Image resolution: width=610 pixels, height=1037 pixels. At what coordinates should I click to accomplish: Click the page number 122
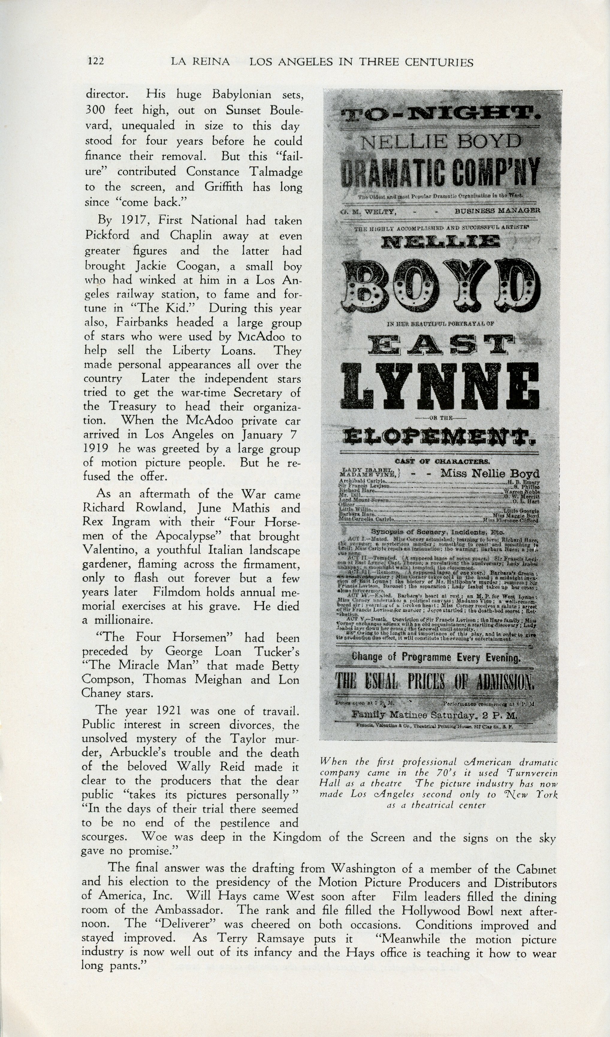[96, 61]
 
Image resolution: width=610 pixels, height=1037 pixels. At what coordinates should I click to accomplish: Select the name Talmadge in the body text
[275, 172]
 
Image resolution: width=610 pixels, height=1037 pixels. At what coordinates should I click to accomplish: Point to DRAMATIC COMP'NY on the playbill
[440, 172]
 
